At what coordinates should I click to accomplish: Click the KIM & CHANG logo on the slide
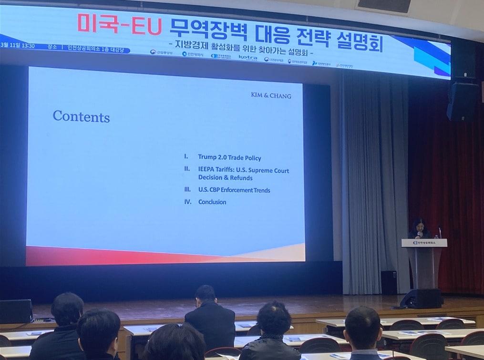[271, 95]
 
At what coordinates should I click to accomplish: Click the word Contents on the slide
[81, 116]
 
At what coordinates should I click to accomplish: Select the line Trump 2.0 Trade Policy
[229, 157]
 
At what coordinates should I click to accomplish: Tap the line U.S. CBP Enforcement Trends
[234, 190]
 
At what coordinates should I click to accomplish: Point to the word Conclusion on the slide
[212, 202]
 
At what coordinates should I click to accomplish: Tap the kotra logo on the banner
[248, 57]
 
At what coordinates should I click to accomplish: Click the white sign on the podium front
[424, 243]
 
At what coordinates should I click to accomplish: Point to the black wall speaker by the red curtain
[462, 101]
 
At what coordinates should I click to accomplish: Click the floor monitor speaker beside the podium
[422, 298]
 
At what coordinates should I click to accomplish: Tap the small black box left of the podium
[389, 282]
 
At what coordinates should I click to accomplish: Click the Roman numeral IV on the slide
[187, 202]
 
